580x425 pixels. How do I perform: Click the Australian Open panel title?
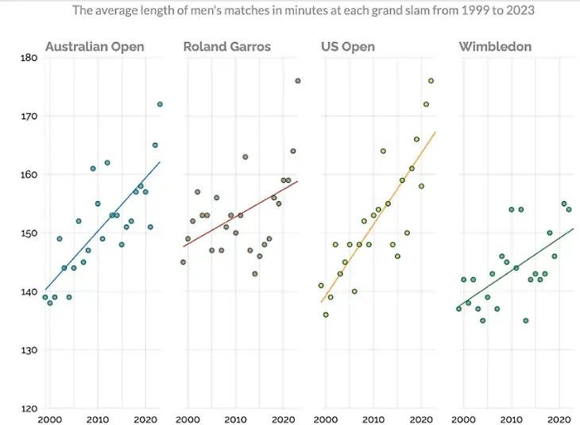tap(95, 47)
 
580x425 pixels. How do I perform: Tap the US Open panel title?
tap(348, 47)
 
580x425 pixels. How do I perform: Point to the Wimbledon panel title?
tap(495, 47)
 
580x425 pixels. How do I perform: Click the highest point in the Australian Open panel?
tap(160, 104)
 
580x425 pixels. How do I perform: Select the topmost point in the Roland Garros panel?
tap(298, 81)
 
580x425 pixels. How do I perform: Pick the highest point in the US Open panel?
tap(431, 81)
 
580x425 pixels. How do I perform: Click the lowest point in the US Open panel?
tap(326, 315)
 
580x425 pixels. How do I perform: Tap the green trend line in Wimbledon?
tap(516, 266)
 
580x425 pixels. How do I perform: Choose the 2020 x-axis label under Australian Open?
tap(145, 419)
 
